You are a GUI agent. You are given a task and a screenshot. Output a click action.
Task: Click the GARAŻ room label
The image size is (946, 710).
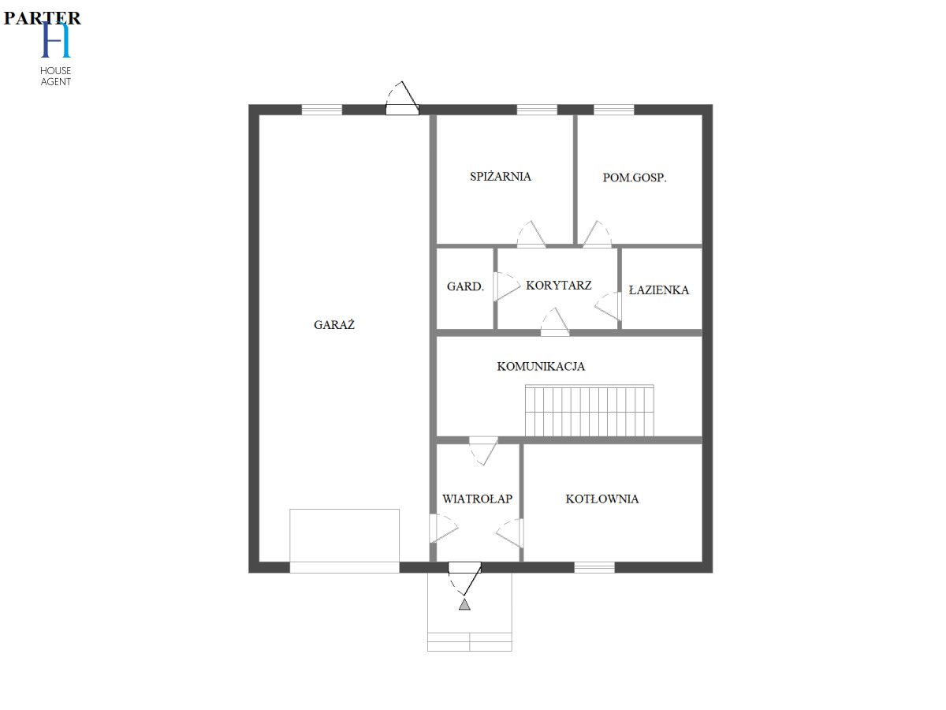334,324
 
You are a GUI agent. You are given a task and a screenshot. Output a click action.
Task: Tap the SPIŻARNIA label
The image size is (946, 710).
501,176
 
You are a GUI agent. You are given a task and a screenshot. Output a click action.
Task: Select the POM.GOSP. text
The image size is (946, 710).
635,177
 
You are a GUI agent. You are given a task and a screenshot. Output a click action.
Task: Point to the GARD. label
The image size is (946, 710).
465,286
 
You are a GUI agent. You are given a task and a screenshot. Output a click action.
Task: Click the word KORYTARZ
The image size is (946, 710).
559,286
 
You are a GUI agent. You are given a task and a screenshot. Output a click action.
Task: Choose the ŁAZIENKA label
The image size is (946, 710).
658,290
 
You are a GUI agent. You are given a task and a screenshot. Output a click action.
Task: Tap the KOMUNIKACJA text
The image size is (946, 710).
541,366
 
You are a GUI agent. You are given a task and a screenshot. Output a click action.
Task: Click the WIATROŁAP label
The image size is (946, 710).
477,499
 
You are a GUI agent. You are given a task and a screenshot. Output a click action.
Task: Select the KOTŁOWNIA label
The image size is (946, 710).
602,499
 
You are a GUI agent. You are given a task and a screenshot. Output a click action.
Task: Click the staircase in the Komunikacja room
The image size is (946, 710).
589,410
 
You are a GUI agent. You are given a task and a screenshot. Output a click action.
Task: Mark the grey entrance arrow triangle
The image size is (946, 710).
464,604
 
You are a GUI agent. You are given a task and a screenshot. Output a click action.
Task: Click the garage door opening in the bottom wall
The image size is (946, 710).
345,567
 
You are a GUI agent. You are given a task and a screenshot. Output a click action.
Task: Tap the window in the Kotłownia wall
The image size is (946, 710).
594,567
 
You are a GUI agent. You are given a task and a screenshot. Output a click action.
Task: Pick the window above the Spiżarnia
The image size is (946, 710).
537,110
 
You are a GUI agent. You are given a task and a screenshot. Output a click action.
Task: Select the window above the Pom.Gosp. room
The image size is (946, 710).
613,110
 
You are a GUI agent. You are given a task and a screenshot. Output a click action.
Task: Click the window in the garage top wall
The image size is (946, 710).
322,110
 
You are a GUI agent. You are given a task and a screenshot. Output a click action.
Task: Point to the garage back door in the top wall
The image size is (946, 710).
402,99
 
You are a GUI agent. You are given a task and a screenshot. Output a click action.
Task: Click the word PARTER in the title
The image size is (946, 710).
43,18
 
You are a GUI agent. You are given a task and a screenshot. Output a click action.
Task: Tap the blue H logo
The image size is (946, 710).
56,39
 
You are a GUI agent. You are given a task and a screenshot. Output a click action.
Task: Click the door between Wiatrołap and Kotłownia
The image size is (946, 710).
510,532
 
